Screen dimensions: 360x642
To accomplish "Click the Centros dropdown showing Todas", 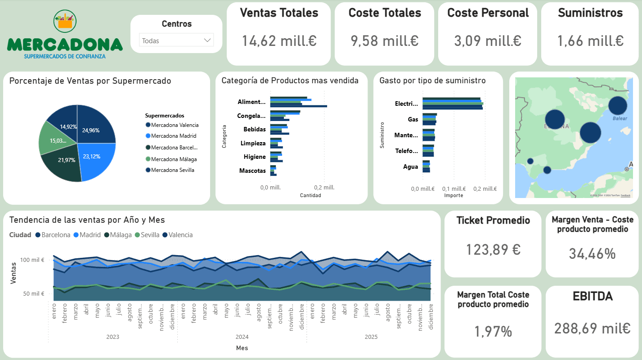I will click(x=176, y=40).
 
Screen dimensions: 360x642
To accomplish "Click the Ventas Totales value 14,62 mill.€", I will click(x=279, y=41).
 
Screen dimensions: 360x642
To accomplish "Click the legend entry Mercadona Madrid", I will click(x=173, y=136).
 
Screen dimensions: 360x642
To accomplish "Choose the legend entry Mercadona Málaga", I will click(x=174, y=159).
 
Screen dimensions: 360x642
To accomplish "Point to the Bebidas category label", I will click(x=254, y=130).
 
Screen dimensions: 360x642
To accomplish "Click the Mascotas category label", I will click(x=252, y=171).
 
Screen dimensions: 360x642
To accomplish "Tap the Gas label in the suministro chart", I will click(x=413, y=120).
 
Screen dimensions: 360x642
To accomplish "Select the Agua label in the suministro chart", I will click(x=410, y=167).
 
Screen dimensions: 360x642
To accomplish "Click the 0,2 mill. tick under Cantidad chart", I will click(x=324, y=188).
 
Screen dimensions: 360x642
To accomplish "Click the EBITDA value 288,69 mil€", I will click(x=592, y=328).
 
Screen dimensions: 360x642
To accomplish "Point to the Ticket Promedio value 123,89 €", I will click(x=493, y=249).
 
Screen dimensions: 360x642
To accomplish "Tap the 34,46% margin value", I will click(x=592, y=254).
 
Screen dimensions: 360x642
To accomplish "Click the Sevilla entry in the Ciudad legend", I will click(x=150, y=235).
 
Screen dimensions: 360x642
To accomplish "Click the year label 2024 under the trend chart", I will click(x=242, y=337).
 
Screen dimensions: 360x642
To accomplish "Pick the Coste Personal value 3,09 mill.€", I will click(x=487, y=41).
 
